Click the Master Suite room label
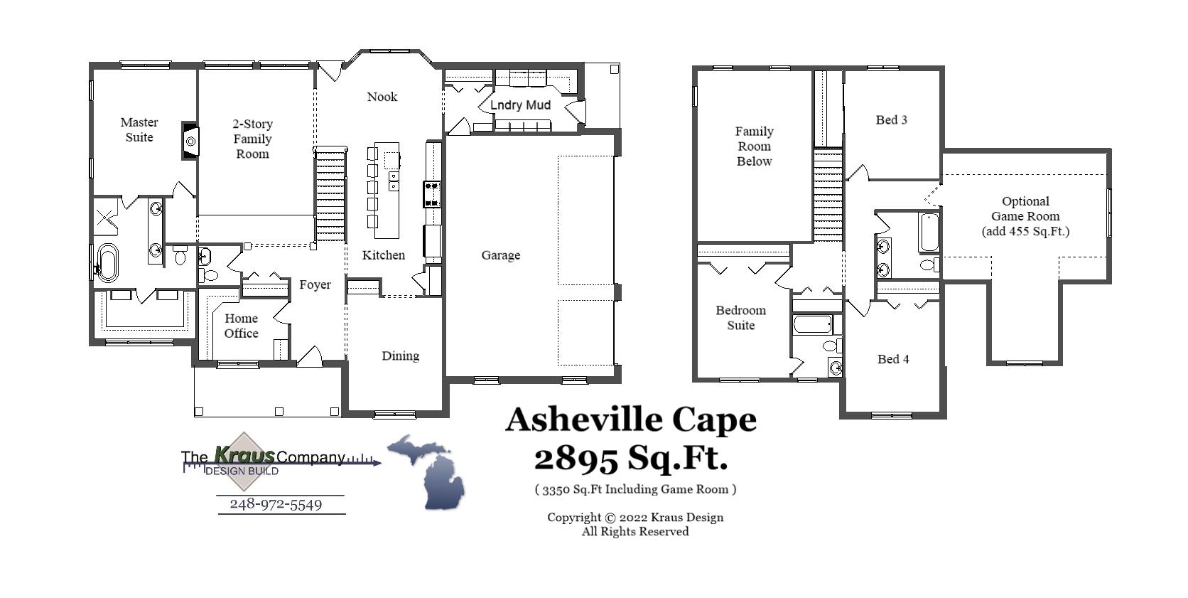point(139,130)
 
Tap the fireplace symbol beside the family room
point(190,141)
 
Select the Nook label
point(382,97)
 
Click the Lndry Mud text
point(520,105)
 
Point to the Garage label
point(500,255)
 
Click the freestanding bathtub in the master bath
point(108,263)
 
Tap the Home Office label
point(241,326)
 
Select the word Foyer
point(315,284)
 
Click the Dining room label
point(400,356)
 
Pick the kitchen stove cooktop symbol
point(432,194)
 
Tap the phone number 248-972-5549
point(276,504)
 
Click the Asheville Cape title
point(631,420)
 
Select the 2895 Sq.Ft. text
point(631,458)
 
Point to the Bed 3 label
point(891,120)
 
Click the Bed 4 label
point(893,359)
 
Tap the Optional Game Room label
point(1025,216)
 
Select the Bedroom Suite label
point(740,318)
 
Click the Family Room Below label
point(754,146)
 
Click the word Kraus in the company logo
point(244,454)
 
